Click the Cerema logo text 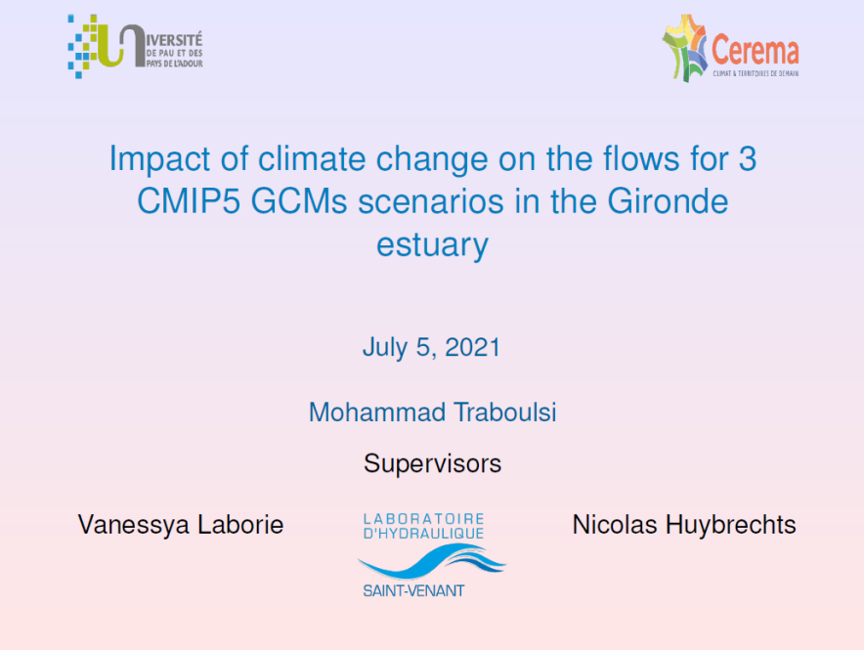point(755,51)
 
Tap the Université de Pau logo point(135,47)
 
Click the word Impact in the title point(159,159)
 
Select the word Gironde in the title point(668,201)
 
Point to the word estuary point(433,244)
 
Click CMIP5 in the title point(189,201)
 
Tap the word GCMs point(299,201)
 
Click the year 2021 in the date point(472,348)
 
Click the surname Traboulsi point(505,412)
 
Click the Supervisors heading point(433,464)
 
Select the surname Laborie point(240,524)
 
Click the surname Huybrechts point(731,525)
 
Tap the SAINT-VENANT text point(413,591)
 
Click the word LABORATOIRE point(423,519)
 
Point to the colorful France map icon point(685,49)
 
